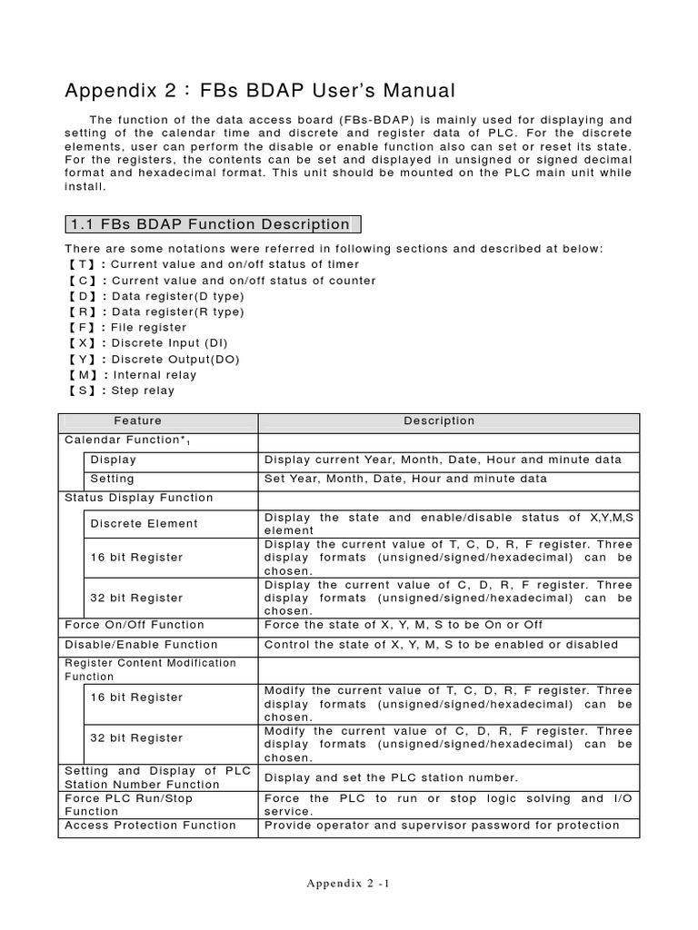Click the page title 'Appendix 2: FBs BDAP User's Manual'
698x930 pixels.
[x=259, y=91]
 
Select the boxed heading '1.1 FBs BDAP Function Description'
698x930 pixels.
[x=213, y=224]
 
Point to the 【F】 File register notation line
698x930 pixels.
[x=126, y=327]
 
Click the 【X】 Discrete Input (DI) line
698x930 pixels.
[x=146, y=343]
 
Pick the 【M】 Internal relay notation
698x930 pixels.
[x=131, y=374]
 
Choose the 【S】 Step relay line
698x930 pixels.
[x=120, y=391]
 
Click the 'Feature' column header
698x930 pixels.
[x=138, y=421]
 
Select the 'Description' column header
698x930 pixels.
[x=439, y=421]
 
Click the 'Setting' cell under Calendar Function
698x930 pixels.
[x=112, y=479]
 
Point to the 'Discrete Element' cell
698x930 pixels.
[x=144, y=523]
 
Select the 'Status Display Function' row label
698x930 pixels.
[x=139, y=498]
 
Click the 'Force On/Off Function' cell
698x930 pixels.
[x=135, y=625]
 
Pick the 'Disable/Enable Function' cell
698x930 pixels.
[x=140, y=645]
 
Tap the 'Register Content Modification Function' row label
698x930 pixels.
[x=150, y=669]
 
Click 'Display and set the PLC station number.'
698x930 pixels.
[x=391, y=777]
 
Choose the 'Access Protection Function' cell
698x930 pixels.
[x=150, y=826]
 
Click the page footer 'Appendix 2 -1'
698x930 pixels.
[x=348, y=883]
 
